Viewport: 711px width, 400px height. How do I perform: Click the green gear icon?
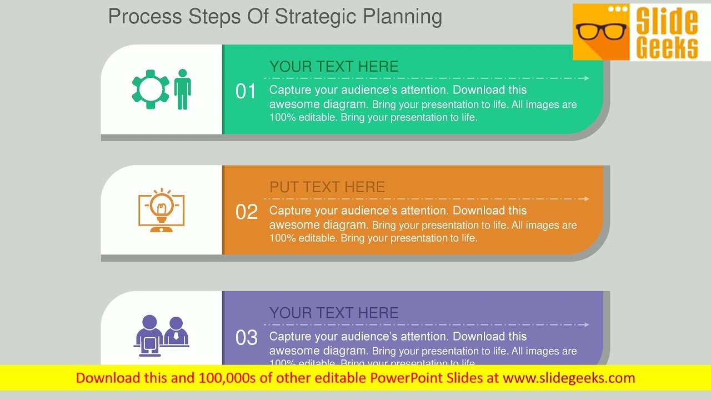(150, 89)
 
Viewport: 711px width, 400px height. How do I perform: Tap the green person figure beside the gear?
(182, 89)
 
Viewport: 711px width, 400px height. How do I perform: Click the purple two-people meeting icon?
(161, 336)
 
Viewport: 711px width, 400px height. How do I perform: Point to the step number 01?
(246, 92)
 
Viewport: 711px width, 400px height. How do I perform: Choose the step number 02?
(247, 212)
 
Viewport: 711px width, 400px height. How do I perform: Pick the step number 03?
(247, 338)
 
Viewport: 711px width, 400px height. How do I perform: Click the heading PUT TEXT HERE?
(327, 187)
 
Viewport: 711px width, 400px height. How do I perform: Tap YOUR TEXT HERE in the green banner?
(334, 67)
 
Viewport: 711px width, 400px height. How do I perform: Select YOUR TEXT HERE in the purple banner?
(334, 313)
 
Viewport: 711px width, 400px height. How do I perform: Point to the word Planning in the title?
(403, 17)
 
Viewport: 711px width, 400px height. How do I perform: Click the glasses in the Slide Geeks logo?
(601, 31)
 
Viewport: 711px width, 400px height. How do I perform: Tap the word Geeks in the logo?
(667, 47)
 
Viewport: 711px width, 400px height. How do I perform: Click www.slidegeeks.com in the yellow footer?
(569, 378)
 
